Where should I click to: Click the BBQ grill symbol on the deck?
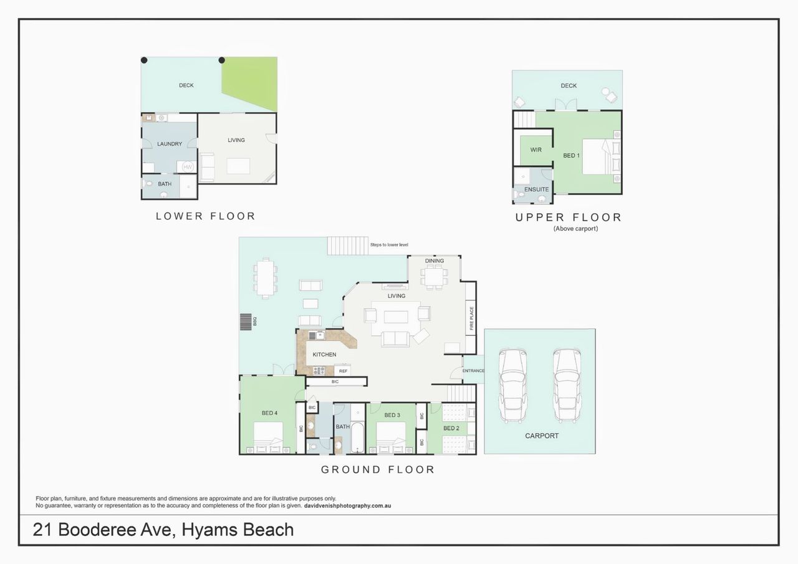tap(246, 322)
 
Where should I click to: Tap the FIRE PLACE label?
tap(471, 318)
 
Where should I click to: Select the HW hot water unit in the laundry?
tap(187, 166)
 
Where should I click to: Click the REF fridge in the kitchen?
tap(343, 371)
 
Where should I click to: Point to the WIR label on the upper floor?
tap(536, 150)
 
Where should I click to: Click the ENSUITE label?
tap(537, 189)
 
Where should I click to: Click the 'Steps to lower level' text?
tap(389, 245)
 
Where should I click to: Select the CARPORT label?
tap(542, 436)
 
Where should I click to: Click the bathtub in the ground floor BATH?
tap(357, 437)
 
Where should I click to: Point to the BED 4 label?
tap(269, 413)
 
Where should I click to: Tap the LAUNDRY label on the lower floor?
tap(170, 144)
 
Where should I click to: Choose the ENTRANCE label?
tap(473, 371)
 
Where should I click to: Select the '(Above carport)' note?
tap(575, 229)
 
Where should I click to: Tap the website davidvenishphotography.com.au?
tap(347, 505)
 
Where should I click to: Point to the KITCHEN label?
tap(324, 355)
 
